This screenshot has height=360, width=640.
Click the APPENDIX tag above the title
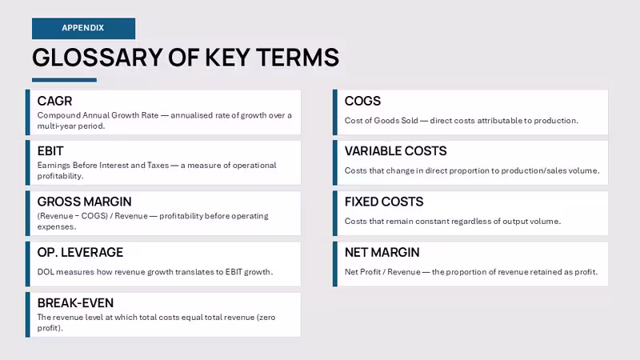point(83,28)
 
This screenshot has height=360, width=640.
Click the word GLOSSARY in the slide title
point(97,57)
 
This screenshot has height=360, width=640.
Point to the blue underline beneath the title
point(65,80)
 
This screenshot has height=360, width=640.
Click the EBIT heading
point(50,151)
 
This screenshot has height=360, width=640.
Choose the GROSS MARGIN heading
point(85,202)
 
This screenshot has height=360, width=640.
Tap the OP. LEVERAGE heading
point(80,252)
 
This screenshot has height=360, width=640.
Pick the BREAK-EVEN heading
point(75,303)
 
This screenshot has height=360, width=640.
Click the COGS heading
point(362,101)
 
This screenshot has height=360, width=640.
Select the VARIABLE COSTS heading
point(395,151)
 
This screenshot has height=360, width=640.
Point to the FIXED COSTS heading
point(384,202)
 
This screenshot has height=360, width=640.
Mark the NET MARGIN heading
point(382,252)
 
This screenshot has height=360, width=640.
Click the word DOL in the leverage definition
point(46,272)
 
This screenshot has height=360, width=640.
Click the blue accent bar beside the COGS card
point(335,112)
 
